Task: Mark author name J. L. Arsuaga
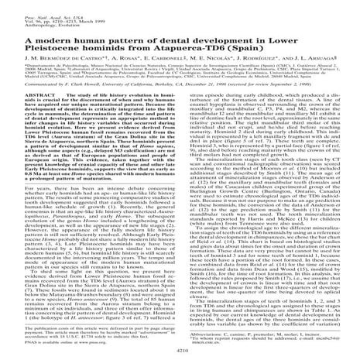pyautogui.click(x=319, y=62)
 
